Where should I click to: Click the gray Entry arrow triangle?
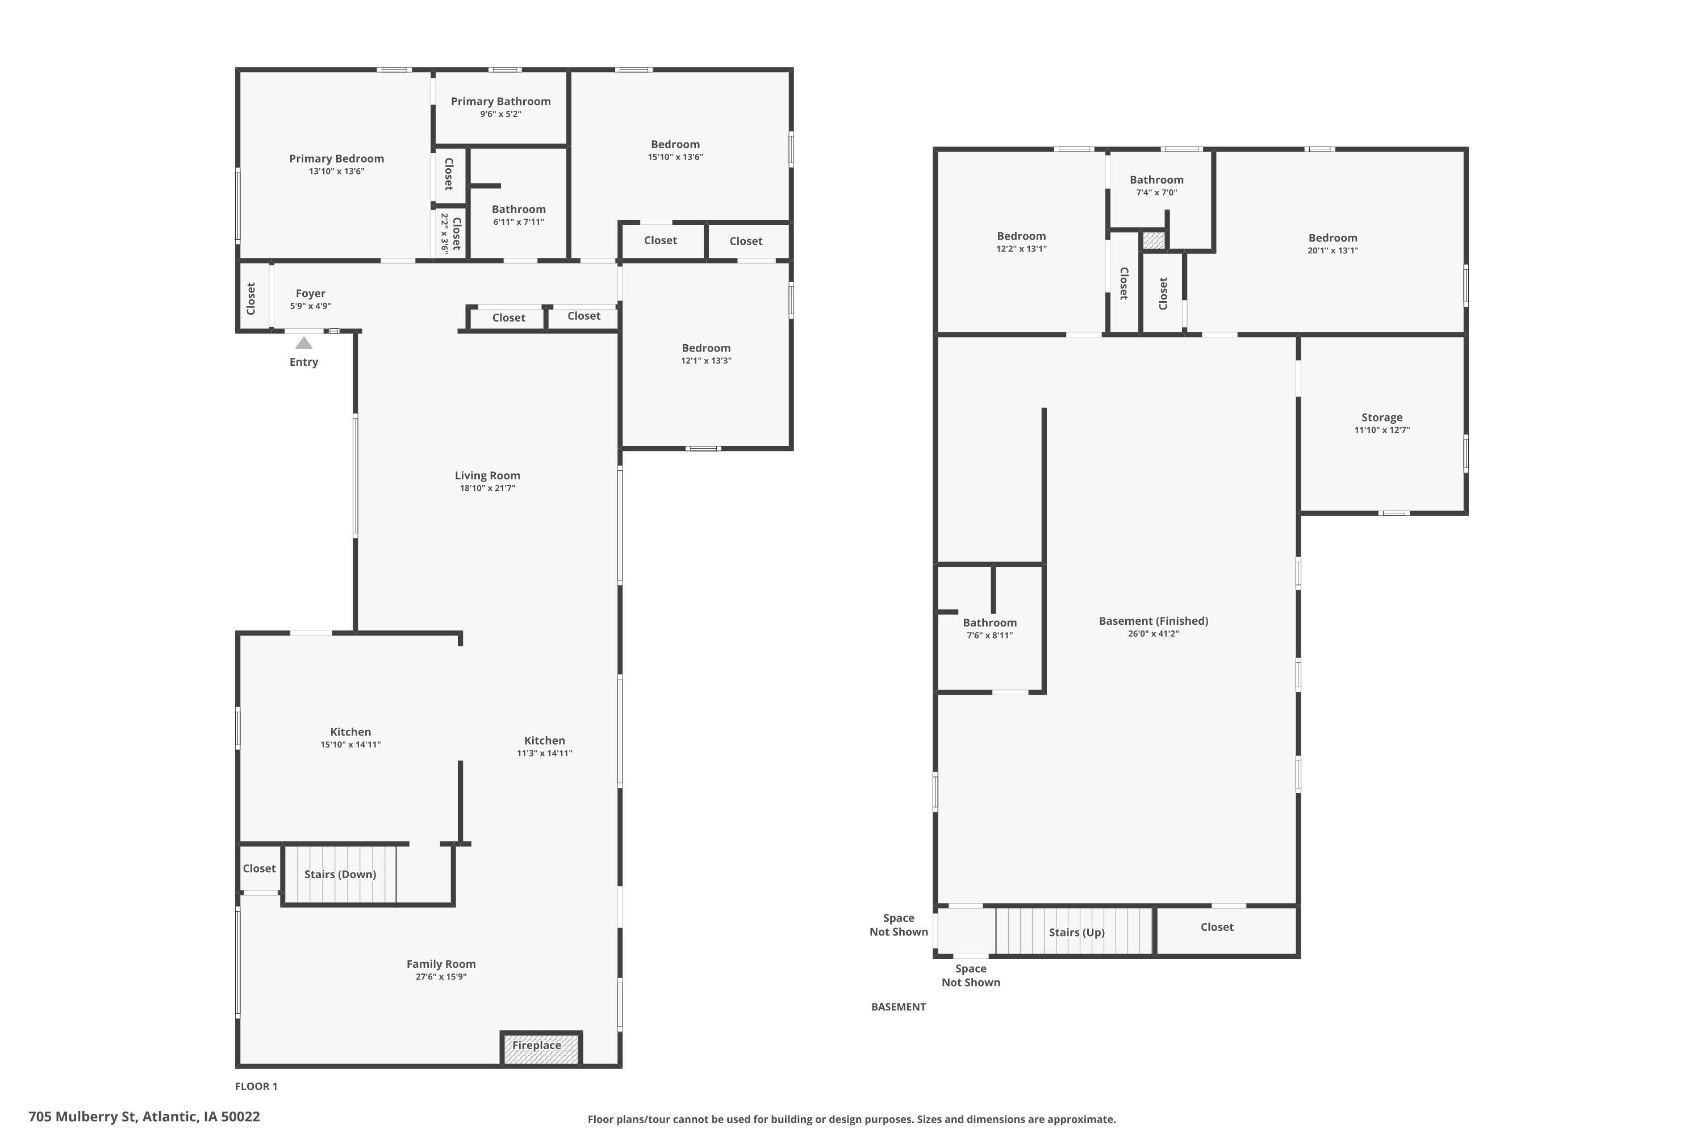pyautogui.click(x=303, y=344)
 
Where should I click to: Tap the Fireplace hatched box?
pyautogui.click(x=541, y=1049)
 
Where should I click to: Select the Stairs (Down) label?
pyautogui.click(x=340, y=875)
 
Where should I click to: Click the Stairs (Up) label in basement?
pyautogui.click(x=1076, y=933)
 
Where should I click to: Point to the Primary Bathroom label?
pyautogui.click(x=500, y=102)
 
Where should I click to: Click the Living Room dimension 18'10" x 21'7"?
pyautogui.click(x=487, y=488)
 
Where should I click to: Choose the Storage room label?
pyautogui.click(x=1381, y=417)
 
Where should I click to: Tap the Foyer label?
pyautogui.click(x=310, y=294)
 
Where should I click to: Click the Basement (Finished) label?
pyautogui.click(x=1154, y=621)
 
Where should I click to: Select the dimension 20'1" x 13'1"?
pyautogui.click(x=1333, y=250)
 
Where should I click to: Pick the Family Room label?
pyautogui.click(x=441, y=964)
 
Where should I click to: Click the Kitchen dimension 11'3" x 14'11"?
pyautogui.click(x=544, y=754)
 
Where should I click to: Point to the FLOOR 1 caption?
pyautogui.click(x=256, y=1086)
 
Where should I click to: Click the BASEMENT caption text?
pyautogui.click(x=899, y=1006)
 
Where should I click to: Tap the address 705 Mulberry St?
pyautogui.click(x=144, y=1117)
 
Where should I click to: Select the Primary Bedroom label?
pyautogui.click(x=336, y=158)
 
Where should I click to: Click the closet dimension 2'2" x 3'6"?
pyautogui.click(x=444, y=233)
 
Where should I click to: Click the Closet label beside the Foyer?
pyautogui.click(x=250, y=299)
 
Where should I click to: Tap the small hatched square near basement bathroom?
pyautogui.click(x=1154, y=240)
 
